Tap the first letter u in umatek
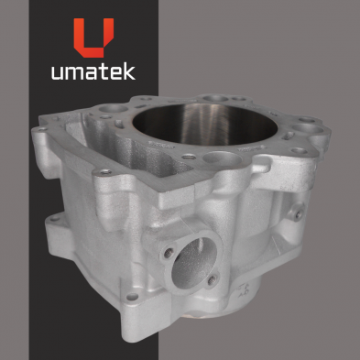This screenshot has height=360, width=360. [x=57, y=73]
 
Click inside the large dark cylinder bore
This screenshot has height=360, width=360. [x=205, y=125]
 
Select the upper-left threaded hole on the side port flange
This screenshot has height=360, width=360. [x=169, y=252]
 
